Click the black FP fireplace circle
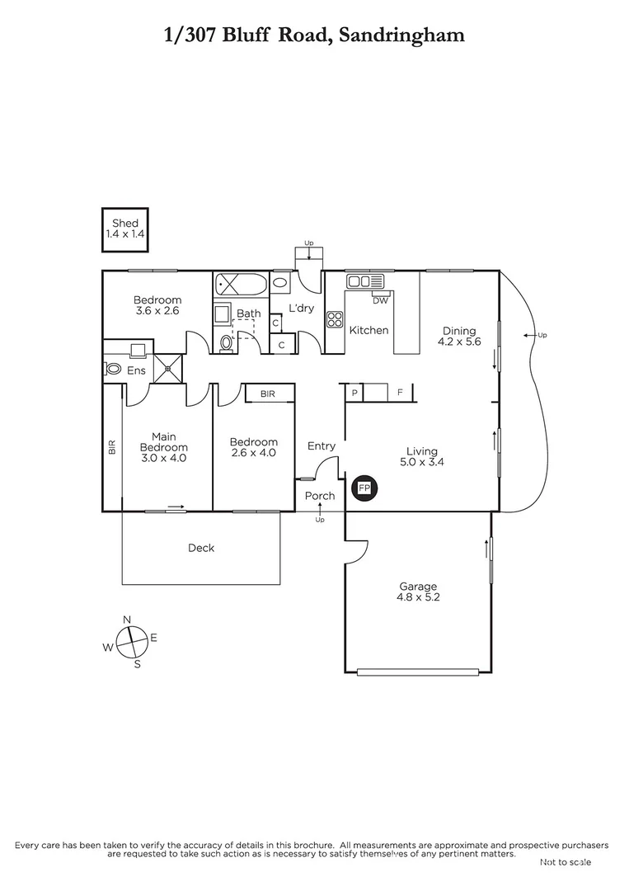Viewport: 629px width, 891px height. coord(364,488)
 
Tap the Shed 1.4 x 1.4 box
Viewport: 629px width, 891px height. coord(125,229)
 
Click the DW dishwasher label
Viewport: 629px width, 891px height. coord(380,301)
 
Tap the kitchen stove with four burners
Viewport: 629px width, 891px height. coord(336,319)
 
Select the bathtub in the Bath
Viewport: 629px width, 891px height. coord(241,286)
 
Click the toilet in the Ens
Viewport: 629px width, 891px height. coord(113,370)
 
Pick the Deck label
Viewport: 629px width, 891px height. coord(200,548)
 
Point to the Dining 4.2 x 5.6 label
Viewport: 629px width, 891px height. coord(459,337)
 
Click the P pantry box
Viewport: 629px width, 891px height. coord(354,393)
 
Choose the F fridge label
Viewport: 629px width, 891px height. coord(400,393)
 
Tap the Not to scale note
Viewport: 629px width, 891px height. coord(565,862)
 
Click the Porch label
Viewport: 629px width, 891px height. coord(320,496)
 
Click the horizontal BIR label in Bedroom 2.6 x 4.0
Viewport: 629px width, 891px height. coord(267,394)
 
